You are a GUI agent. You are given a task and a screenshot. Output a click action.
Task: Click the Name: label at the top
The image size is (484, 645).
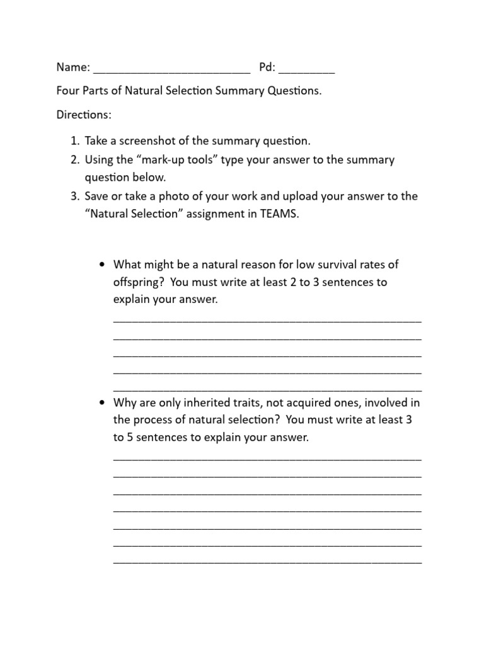pyautogui.click(x=73, y=68)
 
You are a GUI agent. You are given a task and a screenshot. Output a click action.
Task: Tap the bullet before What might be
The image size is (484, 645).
pyautogui.click(x=101, y=265)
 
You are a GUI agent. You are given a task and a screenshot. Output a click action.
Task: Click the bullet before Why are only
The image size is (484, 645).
pyautogui.click(x=101, y=402)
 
